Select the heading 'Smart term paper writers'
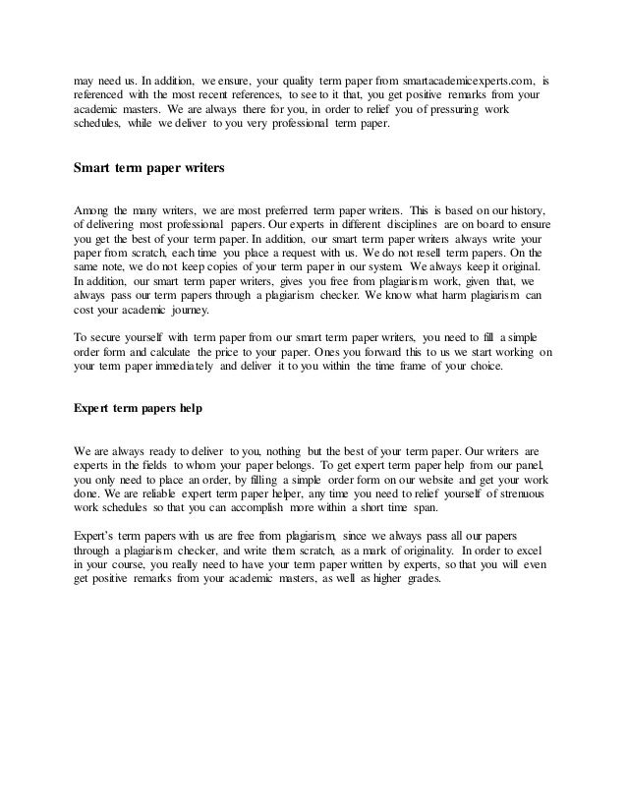click(x=150, y=168)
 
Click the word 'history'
click(x=522, y=210)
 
